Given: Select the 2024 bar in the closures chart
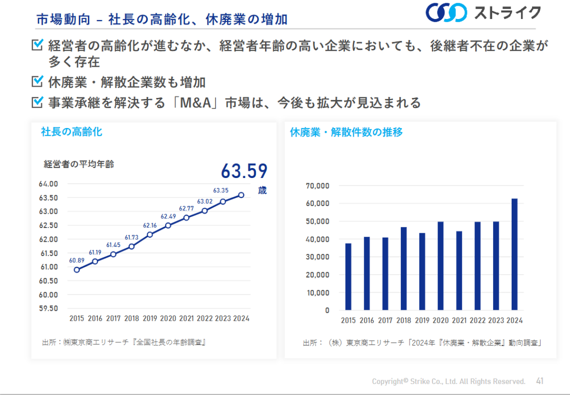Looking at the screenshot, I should (x=514, y=254).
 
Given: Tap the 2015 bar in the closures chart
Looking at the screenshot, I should (x=348, y=276).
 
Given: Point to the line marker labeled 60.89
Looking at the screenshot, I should (x=76, y=270).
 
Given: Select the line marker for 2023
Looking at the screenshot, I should (x=223, y=201).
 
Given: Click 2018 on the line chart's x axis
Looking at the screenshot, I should (x=132, y=318).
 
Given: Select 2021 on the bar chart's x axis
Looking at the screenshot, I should (x=459, y=320).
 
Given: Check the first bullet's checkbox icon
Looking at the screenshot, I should (x=37, y=45).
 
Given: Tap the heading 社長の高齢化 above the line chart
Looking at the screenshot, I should (x=71, y=132).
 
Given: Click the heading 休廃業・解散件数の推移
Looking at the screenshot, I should (x=346, y=132).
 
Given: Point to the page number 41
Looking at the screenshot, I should (x=540, y=381).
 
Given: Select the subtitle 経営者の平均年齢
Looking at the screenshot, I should (x=79, y=164).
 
